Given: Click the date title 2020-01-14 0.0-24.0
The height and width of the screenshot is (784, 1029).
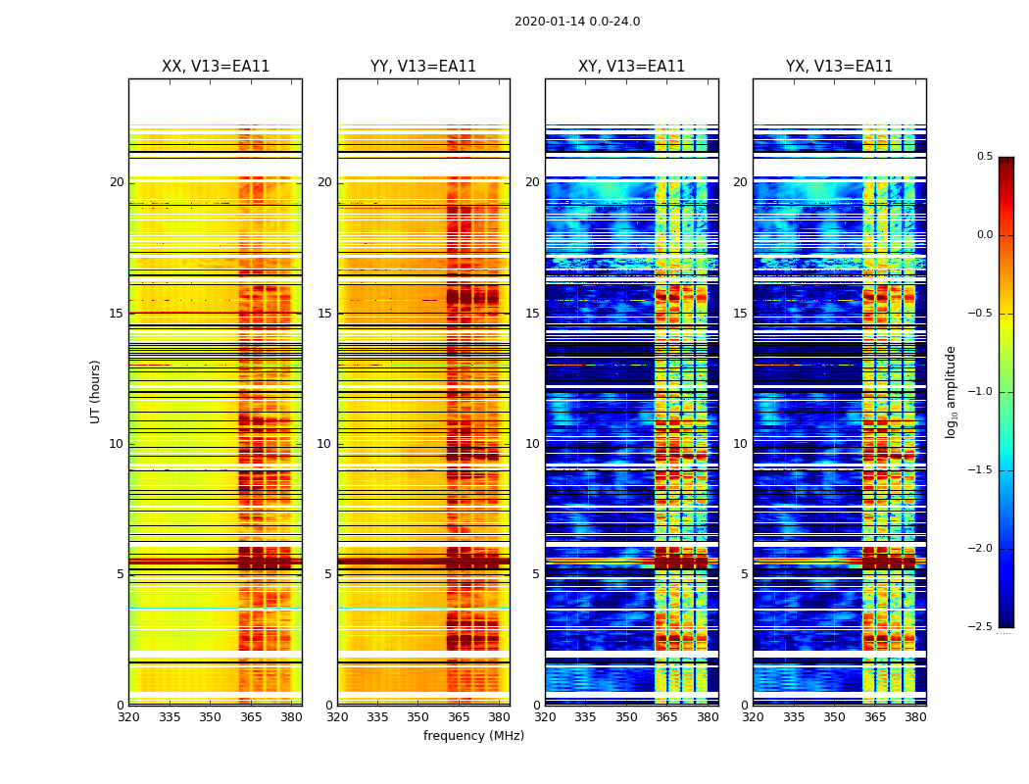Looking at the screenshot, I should coord(577,22).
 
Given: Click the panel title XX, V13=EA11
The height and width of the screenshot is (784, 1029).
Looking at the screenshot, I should coord(216,67).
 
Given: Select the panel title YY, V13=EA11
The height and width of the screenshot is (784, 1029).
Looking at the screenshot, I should coord(423,67).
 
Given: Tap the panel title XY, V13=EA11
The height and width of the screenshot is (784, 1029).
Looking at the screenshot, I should coord(631,67).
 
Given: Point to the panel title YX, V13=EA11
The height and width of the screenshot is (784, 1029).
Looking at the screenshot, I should coord(839,67).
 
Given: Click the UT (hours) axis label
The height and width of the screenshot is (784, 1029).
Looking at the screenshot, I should coord(96,391).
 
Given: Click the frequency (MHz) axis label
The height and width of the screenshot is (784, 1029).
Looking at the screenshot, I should coord(473,736).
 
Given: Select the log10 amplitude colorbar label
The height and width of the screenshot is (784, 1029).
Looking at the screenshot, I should coord(950,391).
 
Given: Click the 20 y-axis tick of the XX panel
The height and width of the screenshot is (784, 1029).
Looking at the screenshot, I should coord(118,182).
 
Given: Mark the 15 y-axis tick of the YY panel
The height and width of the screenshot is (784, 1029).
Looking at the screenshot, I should coord(325,314).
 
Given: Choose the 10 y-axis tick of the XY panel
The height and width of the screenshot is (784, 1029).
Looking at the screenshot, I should coord(532,444).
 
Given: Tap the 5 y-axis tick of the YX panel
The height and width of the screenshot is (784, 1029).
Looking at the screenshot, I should coord(744,574).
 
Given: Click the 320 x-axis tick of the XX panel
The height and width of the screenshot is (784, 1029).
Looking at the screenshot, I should coord(128,716).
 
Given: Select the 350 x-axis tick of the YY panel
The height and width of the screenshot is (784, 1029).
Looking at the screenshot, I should coord(418,716).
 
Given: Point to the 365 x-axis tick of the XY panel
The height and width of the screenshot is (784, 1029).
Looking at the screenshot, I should coord(666,716).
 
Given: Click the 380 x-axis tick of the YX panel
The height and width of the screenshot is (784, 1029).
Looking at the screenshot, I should coord(915,716).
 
